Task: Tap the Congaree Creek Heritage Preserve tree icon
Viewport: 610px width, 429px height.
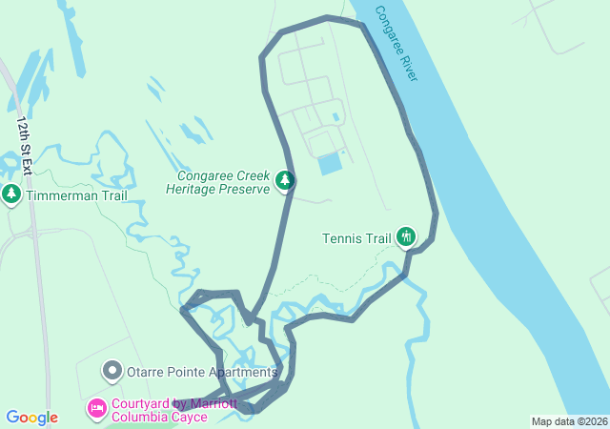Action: tap(284, 180)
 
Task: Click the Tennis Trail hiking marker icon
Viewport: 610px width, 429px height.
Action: tap(406, 236)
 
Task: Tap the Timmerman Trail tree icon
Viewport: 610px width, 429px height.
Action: tap(11, 195)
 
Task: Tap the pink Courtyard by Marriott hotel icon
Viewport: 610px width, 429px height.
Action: tap(96, 409)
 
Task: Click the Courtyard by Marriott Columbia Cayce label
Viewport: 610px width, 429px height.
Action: tap(174, 410)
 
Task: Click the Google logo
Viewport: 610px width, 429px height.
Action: tap(31, 418)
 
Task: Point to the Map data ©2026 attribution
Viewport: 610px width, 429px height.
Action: tap(569, 421)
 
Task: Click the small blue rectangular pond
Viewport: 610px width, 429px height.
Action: tap(330, 163)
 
